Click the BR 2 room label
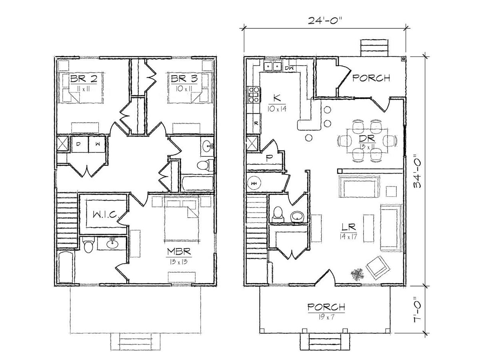coord(84,79)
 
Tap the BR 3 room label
coord(184,79)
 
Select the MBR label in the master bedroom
coord(179,252)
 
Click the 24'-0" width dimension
coord(325,20)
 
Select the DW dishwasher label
coord(289,68)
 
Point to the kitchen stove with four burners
coord(253,94)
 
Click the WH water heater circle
coord(254,183)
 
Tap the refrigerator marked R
coord(256,124)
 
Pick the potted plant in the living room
coord(357,274)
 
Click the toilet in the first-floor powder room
coord(278,214)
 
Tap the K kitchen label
coord(277,98)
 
